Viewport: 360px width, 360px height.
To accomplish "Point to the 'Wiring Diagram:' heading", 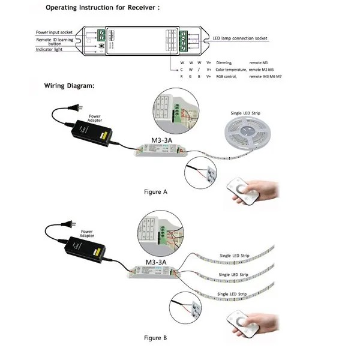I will (68, 85).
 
